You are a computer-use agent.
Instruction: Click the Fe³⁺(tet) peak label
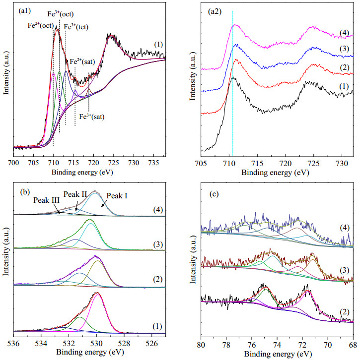pos(76,27)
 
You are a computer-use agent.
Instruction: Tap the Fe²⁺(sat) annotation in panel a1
pos(82,61)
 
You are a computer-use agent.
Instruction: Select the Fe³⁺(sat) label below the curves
pos(92,117)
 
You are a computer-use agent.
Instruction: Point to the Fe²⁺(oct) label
pos(41,25)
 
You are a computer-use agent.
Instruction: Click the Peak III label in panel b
pos(47,200)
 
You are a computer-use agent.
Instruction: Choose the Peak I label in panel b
pos(117,196)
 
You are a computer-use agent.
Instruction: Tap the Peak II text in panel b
pos(75,194)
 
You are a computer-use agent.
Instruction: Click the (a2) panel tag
pos(215,11)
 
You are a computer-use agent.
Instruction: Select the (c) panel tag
pos(214,194)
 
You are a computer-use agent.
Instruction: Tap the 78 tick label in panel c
pos(226,345)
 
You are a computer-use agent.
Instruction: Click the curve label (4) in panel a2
pos(345,33)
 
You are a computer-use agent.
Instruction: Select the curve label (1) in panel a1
pos(158,44)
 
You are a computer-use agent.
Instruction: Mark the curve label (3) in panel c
pos(345,270)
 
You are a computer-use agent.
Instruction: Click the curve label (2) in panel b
pos(158,279)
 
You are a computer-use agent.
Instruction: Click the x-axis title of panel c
pos(278,354)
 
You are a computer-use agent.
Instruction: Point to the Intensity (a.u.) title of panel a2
pos(193,76)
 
